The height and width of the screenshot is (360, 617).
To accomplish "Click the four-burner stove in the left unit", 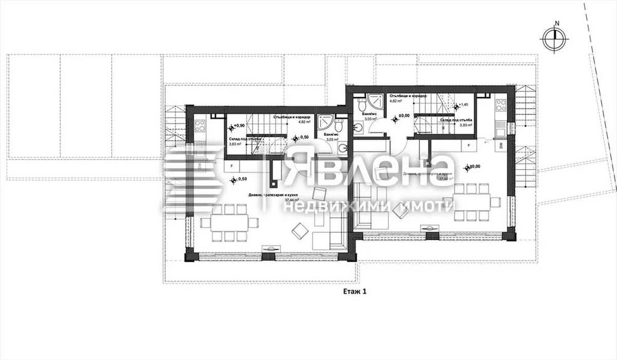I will pos(200,126).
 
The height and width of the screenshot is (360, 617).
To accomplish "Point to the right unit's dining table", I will pos(473,202).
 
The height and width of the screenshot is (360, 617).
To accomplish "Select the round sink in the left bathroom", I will pos(343,147).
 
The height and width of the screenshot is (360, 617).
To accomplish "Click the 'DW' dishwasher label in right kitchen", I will pos(501,145).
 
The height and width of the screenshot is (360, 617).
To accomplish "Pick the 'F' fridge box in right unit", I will pos(470,146).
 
